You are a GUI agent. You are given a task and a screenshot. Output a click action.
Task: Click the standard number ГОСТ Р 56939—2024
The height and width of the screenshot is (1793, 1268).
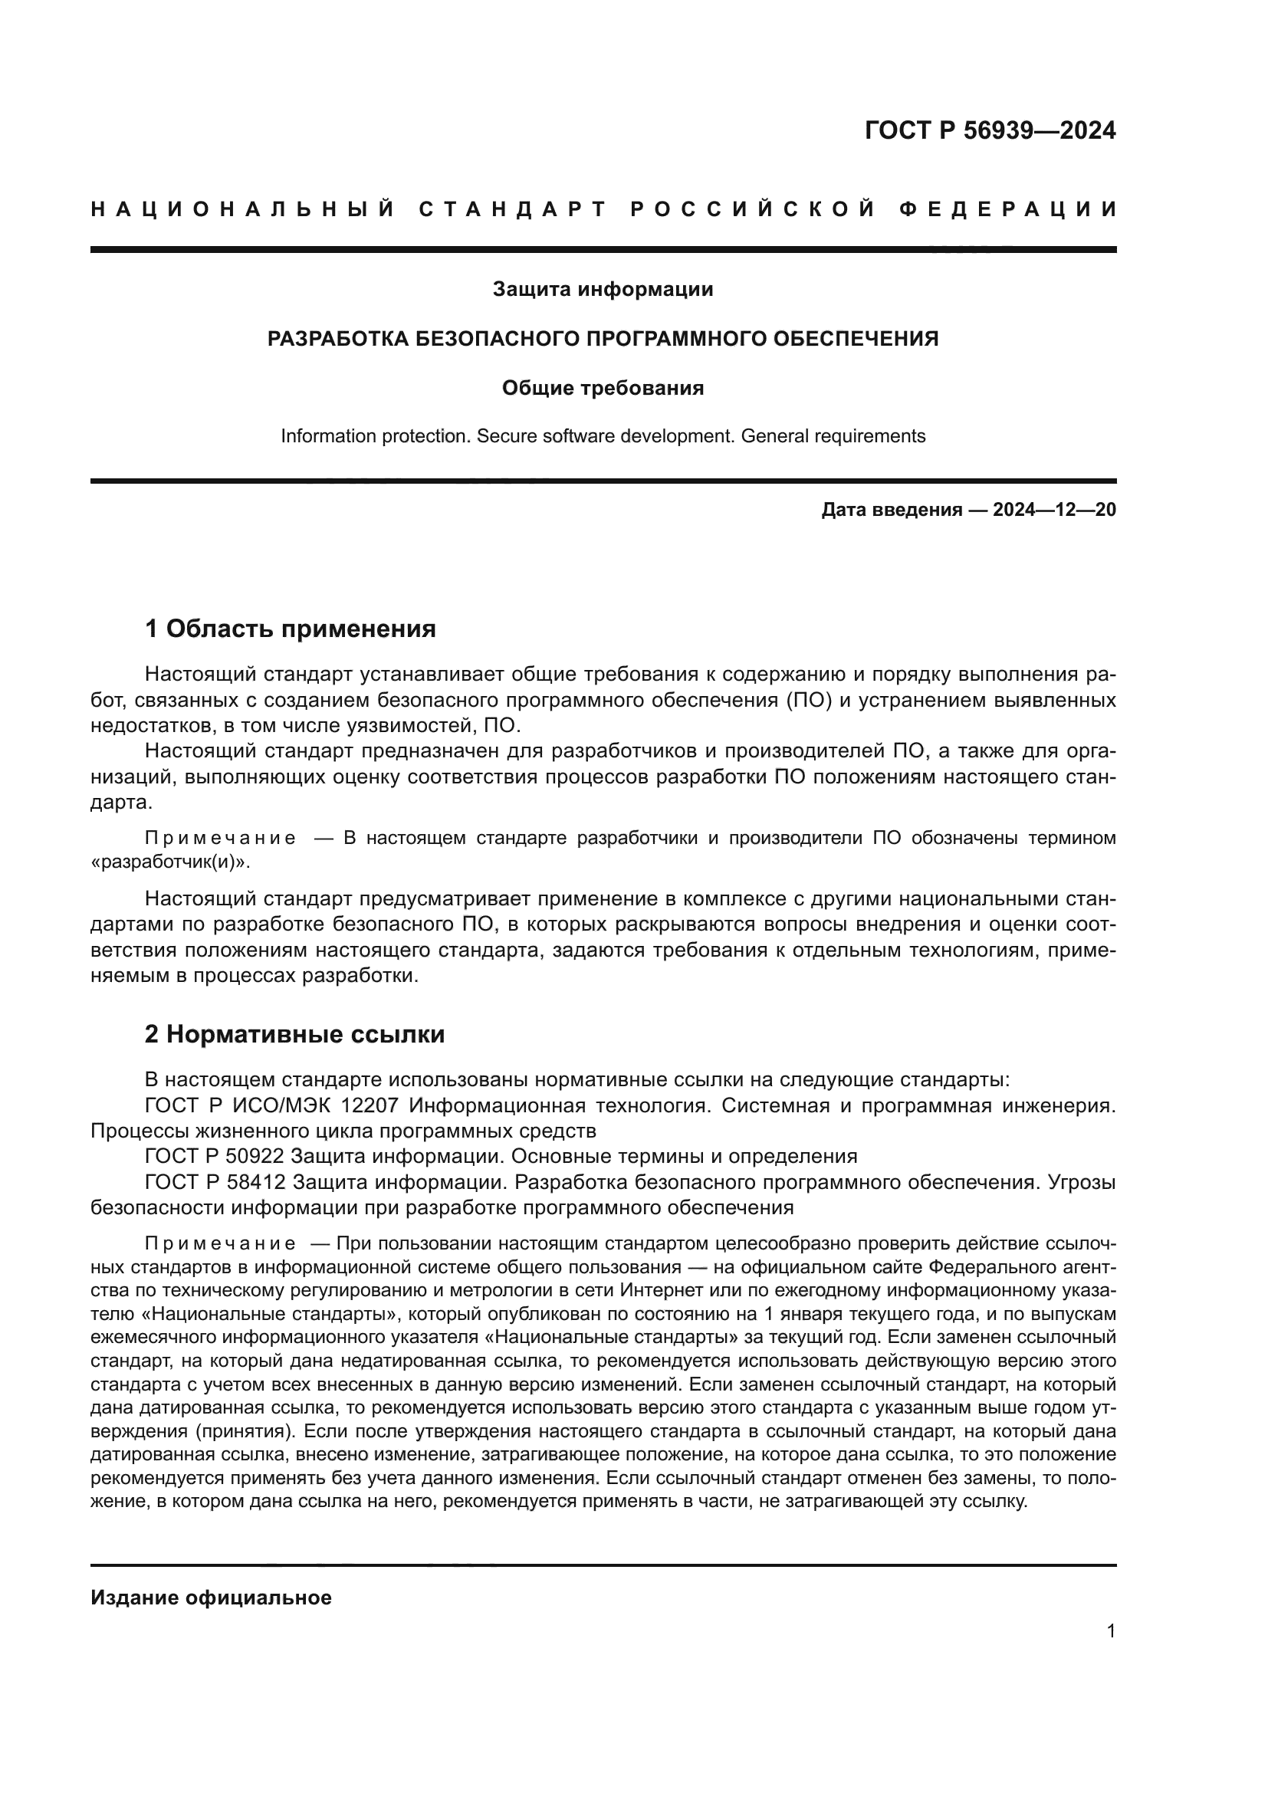click(990, 130)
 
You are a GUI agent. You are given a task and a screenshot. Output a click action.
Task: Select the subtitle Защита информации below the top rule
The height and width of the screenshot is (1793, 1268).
click(603, 290)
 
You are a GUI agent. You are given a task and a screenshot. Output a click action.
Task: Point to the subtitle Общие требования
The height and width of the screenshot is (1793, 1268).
click(603, 388)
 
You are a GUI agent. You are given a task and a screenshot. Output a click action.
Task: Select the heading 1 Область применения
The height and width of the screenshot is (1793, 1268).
click(291, 629)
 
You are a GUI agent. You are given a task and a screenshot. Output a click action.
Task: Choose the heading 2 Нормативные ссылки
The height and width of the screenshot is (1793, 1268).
click(294, 1035)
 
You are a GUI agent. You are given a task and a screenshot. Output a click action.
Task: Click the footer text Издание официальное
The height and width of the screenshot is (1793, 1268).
click(211, 1598)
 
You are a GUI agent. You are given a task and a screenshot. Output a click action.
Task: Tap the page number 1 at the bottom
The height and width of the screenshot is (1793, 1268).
click(1111, 1631)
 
